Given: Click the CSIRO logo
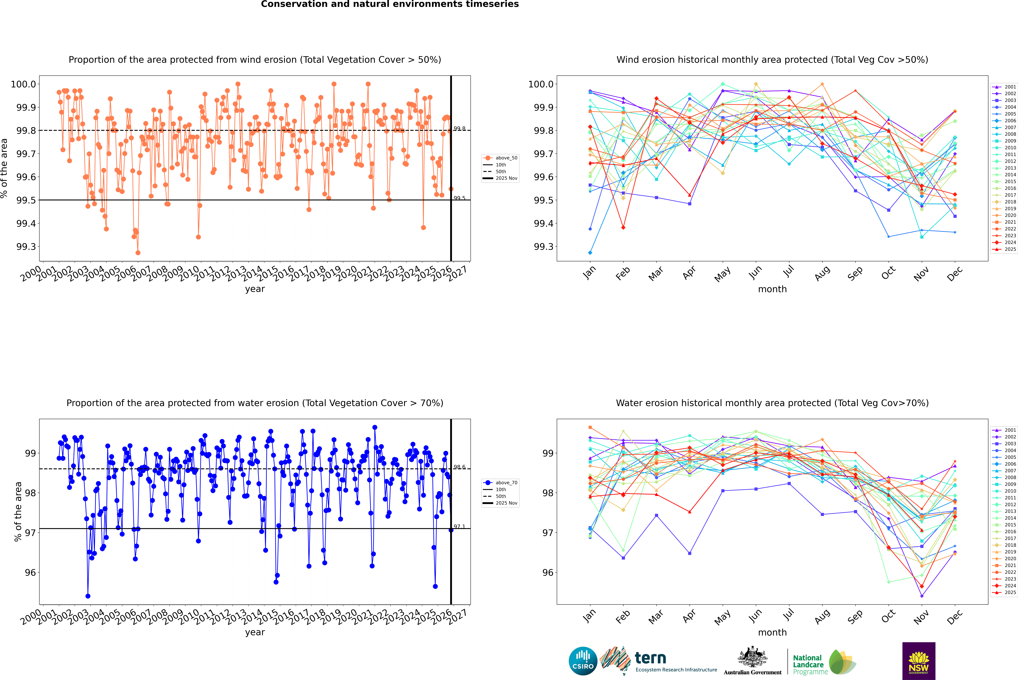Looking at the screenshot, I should (583, 661).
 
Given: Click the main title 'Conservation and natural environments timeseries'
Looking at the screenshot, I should (390, 4).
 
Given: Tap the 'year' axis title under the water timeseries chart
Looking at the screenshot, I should (255, 632).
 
